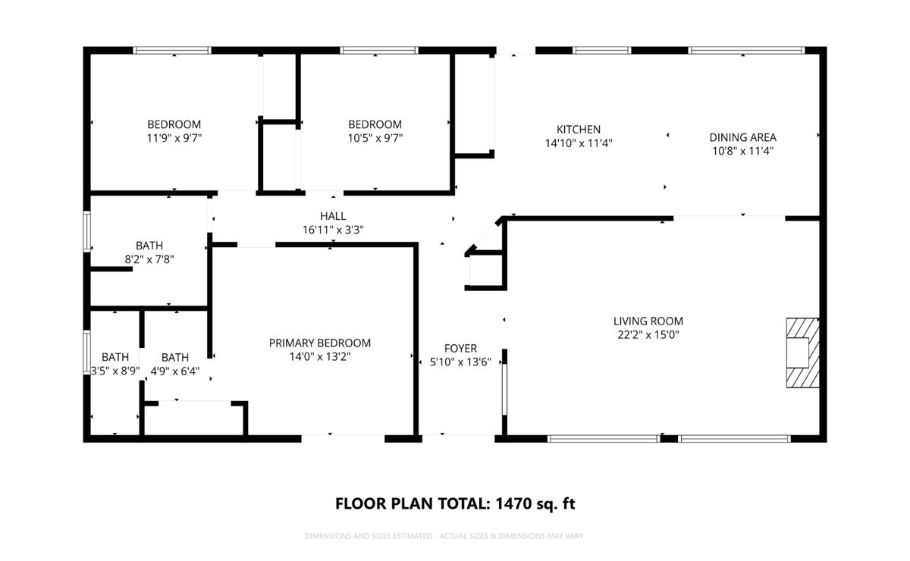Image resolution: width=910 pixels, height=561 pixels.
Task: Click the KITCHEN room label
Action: pos(578,130)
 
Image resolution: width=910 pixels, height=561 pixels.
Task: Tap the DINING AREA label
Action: pos(742,137)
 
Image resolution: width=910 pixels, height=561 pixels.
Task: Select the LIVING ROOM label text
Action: pos(648,321)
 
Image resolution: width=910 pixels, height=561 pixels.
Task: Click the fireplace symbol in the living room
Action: pos(802,353)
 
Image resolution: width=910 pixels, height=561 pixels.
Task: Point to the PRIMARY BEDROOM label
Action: pos(319,343)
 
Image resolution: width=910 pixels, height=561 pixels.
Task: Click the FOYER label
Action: pos(460,349)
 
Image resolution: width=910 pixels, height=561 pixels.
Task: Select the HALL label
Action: pos(333,216)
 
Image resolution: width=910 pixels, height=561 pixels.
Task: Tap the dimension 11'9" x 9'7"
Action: pos(174,138)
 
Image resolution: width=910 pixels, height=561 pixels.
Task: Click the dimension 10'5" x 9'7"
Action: pos(375,138)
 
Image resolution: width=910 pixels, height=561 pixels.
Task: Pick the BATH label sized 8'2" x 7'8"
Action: pos(149,246)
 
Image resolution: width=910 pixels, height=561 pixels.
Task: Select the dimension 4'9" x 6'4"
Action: pos(174,371)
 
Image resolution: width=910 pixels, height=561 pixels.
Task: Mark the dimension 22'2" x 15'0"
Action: pos(648,334)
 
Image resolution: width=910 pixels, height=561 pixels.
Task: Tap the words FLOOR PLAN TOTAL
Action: pos(413,503)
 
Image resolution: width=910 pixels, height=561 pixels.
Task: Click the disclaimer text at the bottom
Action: pos(444,536)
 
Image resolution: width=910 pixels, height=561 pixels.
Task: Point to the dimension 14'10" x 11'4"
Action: pos(578,143)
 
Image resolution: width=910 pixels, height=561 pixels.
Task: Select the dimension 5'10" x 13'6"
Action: pos(460,362)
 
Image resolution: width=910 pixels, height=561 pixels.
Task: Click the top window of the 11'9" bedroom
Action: pos(172,51)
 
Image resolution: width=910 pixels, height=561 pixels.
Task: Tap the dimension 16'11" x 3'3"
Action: pos(333,230)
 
